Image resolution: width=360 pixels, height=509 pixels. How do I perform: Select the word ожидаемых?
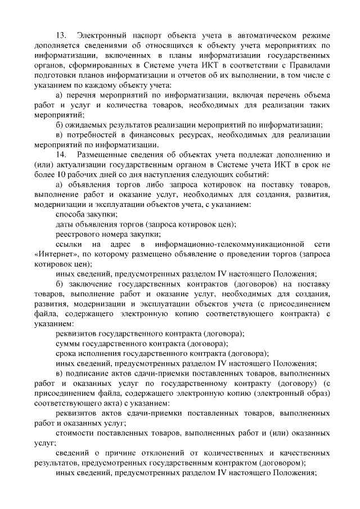coord(91,123)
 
